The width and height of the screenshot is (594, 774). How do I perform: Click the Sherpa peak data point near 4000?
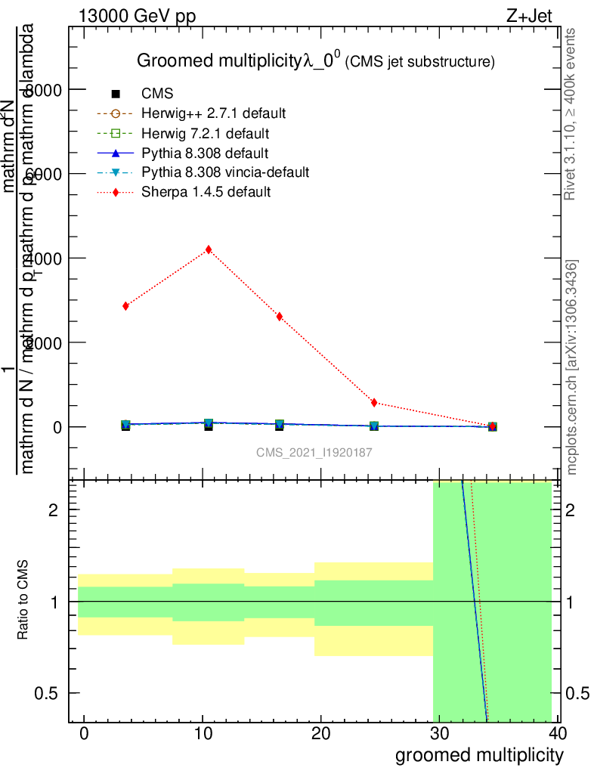tap(209, 249)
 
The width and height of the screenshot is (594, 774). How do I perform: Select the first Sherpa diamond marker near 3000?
tap(125, 306)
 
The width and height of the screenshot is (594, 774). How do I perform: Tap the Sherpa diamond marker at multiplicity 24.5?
tap(374, 402)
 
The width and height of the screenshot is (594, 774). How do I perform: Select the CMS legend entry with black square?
tap(157, 94)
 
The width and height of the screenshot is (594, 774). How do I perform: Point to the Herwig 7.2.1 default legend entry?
tap(204, 134)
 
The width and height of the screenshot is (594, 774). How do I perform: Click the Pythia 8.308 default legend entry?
tap(205, 153)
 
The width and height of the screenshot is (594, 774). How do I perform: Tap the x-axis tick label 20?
tap(321, 735)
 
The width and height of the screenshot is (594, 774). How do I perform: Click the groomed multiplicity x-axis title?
tap(479, 755)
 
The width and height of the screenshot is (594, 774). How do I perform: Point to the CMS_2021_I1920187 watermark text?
tap(313, 452)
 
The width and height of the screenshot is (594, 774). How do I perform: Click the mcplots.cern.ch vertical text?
tap(572, 367)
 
